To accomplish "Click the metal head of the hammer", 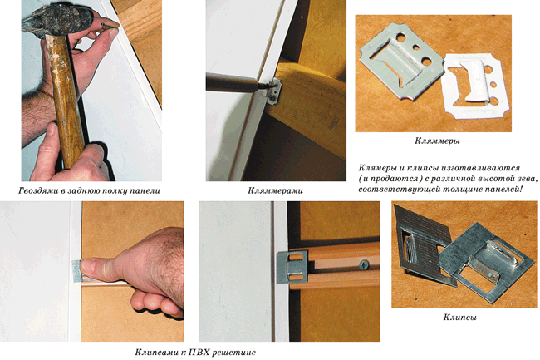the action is pyautogui.click(x=56, y=20).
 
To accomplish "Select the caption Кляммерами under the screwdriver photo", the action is pyautogui.click(x=275, y=190).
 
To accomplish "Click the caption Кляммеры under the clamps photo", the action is pyautogui.click(x=437, y=141).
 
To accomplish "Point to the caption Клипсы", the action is pyautogui.click(x=459, y=318).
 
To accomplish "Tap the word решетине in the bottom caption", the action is pyautogui.click(x=234, y=353).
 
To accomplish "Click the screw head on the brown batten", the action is pyautogui.click(x=364, y=265).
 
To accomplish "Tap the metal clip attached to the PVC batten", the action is pyautogui.click(x=292, y=268).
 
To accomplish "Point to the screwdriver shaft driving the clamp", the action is pyautogui.click(x=234, y=84).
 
